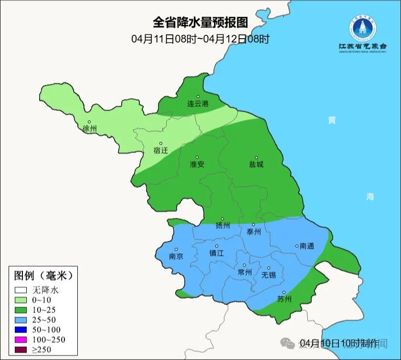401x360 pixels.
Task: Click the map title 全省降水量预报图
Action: tap(200, 22)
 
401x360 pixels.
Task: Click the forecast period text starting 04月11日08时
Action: tap(200, 39)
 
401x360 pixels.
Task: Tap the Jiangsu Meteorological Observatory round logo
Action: tap(362, 28)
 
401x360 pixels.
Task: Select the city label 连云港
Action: tap(198, 104)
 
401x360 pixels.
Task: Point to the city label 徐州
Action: tap(89, 129)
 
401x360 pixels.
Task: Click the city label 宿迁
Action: tap(161, 150)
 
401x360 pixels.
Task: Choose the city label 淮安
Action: tap(197, 164)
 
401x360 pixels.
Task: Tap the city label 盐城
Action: tap(256, 164)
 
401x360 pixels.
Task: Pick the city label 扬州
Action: tap(222, 225)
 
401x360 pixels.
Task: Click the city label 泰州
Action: tap(253, 232)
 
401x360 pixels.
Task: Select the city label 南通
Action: tap(306, 246)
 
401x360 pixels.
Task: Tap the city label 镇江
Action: tap(216, 254)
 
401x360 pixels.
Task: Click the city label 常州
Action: tap(244, 272)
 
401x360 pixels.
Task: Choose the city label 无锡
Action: tap(269, 275)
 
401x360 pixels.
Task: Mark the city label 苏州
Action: tap(284, 299)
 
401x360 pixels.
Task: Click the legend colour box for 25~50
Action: tap(20, 319)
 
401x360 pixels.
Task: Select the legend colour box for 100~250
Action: tap(20, 339)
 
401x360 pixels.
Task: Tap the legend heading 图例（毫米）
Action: tap(43, 275)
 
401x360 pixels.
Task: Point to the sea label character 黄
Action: tap(331, 120)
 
